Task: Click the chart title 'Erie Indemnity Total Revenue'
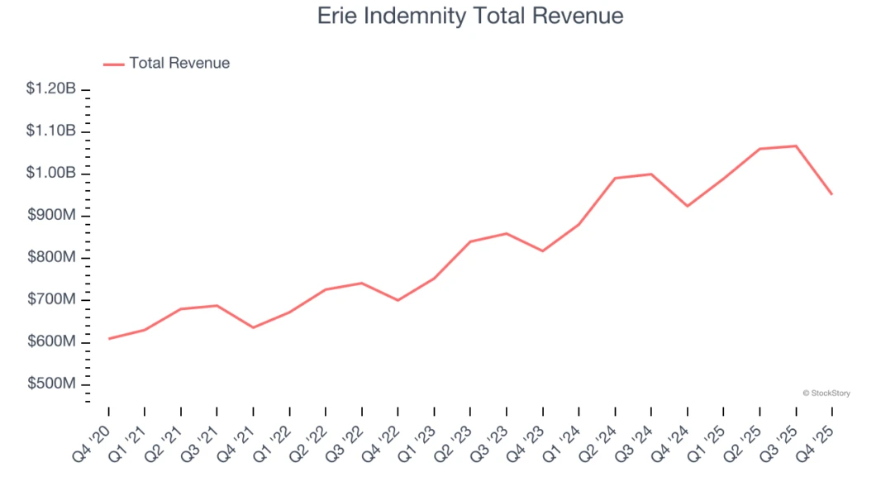coord(470,16)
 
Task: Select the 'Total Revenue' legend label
coord(179,63)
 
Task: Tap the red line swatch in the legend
coord(113,64)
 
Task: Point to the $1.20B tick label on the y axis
coord(51,88)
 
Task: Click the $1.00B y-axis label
coord(51,173)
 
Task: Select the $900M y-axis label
coord(51,215)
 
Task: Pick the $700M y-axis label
coord(51,299)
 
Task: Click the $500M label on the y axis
coord(51,384)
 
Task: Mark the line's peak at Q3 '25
coord(796,146)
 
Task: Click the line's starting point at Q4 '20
coord(108,338)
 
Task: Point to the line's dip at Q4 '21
coord(253,327)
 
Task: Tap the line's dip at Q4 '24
coord(687,206)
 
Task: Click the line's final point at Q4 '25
coord(831,194)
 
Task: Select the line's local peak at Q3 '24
coord(651,174)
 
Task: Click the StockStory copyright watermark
coord(826,393)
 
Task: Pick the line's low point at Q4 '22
coord(398,300)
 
